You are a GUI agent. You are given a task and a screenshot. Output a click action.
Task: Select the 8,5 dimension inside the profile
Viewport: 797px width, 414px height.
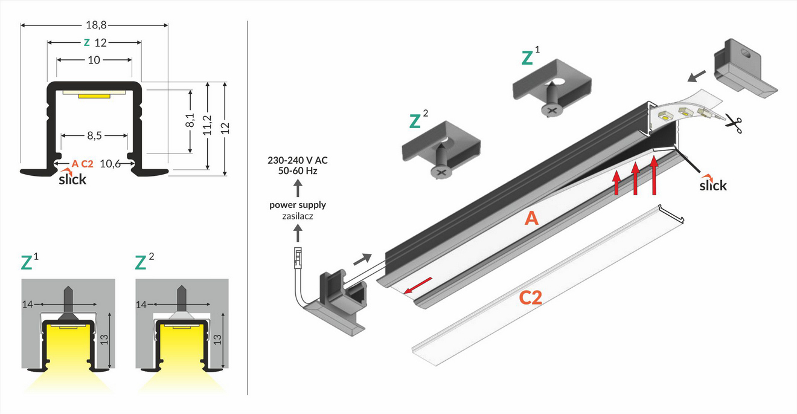pos(94,136)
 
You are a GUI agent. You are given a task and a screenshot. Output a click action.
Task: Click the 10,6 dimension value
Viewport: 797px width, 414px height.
pos(110,163)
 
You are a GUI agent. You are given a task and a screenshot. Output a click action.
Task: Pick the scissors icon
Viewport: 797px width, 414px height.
pos(734,123)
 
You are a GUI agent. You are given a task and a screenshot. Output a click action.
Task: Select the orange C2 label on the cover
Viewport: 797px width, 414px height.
pos(530,298)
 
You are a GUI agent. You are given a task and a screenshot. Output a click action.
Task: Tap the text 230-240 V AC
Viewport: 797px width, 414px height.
pos(297,161)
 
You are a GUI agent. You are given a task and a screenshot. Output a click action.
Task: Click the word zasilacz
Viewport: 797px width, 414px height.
pos(297,215)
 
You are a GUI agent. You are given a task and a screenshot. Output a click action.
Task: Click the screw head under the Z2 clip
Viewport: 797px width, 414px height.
pos(440,172)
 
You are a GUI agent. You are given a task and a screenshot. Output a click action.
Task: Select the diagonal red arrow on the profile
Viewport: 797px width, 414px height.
pos(418,285)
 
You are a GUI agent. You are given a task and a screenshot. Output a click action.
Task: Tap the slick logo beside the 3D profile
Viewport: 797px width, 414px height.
pos(713,184)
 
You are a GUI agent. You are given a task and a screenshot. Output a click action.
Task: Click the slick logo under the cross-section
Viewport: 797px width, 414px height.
pos(72,178)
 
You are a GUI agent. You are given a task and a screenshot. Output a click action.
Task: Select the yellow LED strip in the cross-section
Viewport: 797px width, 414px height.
pos(95,95)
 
